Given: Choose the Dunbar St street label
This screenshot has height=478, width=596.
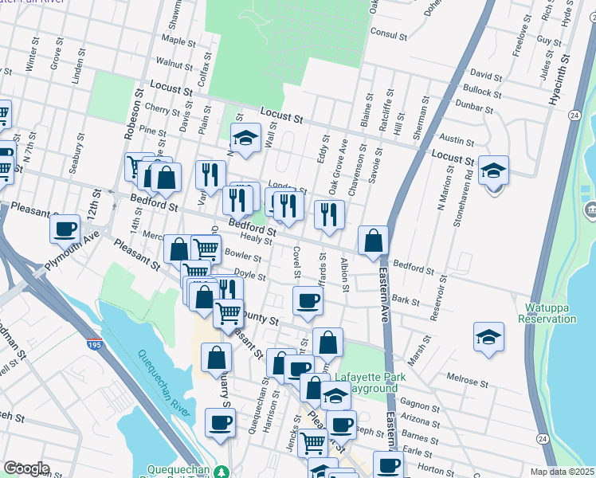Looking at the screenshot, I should (471, 104).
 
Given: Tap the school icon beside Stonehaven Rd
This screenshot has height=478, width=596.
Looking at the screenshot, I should (493, 170).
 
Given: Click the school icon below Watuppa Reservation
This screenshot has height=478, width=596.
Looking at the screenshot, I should (488, 337).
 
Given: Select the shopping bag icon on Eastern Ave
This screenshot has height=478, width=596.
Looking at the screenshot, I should (373, 241).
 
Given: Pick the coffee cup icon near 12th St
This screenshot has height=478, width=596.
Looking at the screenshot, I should (65, 229).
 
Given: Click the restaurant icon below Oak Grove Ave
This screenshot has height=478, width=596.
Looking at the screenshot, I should (328, 214).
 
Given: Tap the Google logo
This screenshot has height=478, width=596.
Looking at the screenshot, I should (26, 468).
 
